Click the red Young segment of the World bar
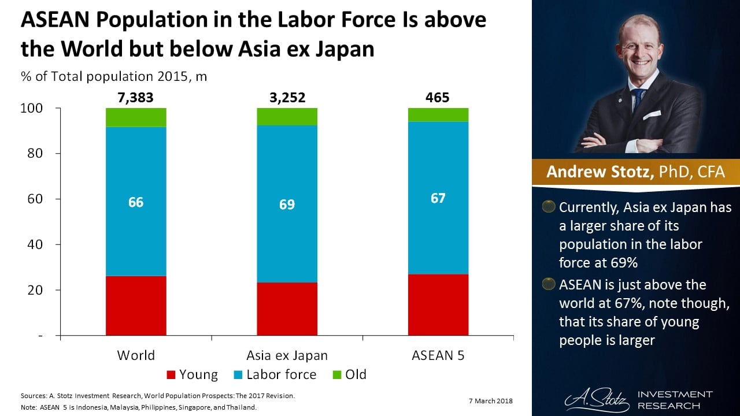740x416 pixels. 136,306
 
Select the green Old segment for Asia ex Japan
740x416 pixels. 287,117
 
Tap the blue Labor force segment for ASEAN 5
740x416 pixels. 438,231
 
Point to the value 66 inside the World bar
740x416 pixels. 136,202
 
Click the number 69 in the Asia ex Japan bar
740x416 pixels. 287,205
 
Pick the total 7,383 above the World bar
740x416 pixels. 136,98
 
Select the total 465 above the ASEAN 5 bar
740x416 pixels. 437,98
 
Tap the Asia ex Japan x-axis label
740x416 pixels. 287,355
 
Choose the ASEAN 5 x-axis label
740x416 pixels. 438,355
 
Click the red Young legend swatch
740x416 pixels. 171,375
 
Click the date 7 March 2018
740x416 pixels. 488,401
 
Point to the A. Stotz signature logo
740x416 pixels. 595,399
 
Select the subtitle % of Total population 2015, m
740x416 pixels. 114,76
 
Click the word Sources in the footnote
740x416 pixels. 34,396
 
